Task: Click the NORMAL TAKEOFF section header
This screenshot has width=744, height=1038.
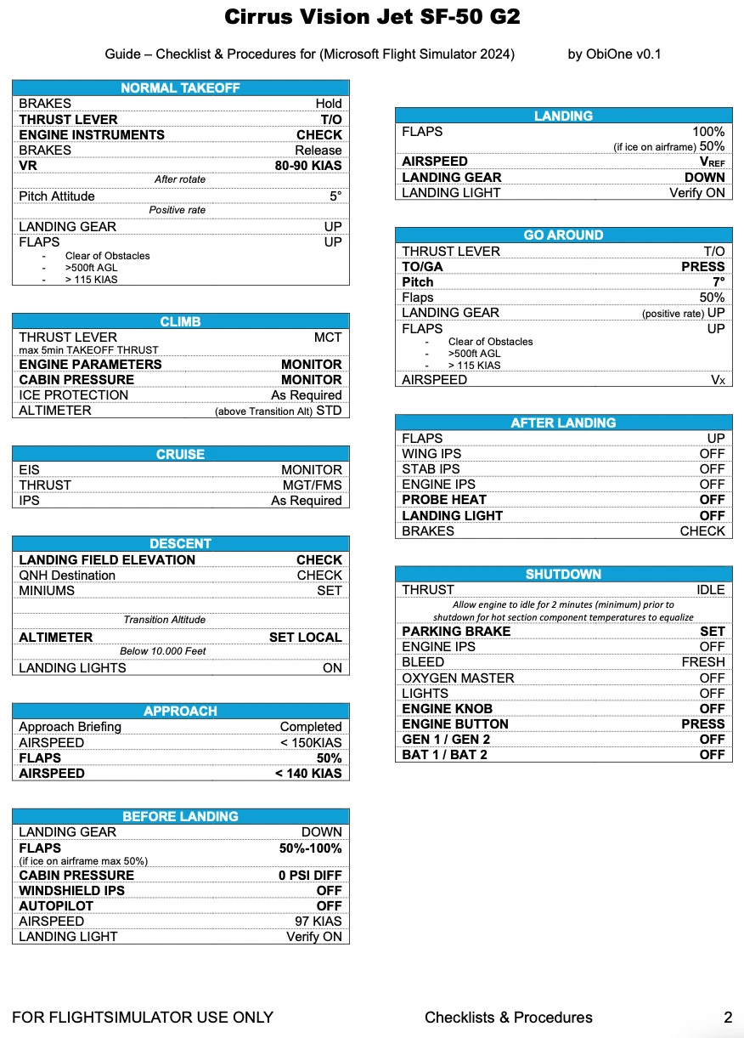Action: (x=180, y=88)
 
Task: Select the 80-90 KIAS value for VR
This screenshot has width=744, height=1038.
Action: (x=308, y=166)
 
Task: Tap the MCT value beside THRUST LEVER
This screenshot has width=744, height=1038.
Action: (x=328, y=337)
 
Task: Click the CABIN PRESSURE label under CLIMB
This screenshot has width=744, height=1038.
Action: (x=76, y=380)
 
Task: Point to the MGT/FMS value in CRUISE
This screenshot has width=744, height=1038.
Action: (x=313, y=485)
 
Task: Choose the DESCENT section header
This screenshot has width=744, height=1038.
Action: (x=180, y=544)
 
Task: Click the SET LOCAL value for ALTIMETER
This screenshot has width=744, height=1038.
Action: (x=306, y=638)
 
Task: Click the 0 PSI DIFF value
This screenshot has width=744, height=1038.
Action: (x=310, y=876)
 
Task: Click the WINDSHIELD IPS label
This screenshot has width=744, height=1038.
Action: (x=72, y=891)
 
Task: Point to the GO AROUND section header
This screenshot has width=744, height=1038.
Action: (x=563, y=235)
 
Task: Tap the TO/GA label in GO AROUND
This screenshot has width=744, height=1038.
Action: (x=423, y=267)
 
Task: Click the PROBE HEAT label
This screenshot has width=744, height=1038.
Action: (x=444, y=500)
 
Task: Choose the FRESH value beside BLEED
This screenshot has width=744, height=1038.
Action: (x=703, y=662)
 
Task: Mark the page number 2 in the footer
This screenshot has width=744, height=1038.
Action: (x=728, y=1018)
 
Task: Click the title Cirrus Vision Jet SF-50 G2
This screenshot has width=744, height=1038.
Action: (x=372, y=17)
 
